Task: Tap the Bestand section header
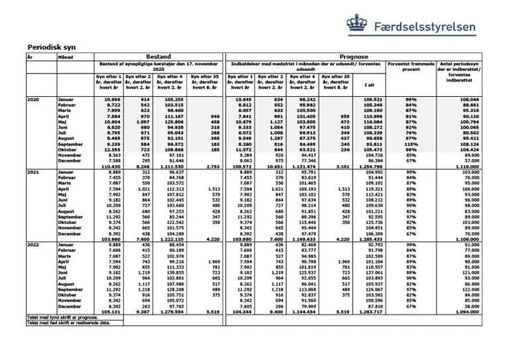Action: pos(158,58)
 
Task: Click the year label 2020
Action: pos(33,99)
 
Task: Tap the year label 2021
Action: pos(33,172)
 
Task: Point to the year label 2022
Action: pos(33,245)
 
